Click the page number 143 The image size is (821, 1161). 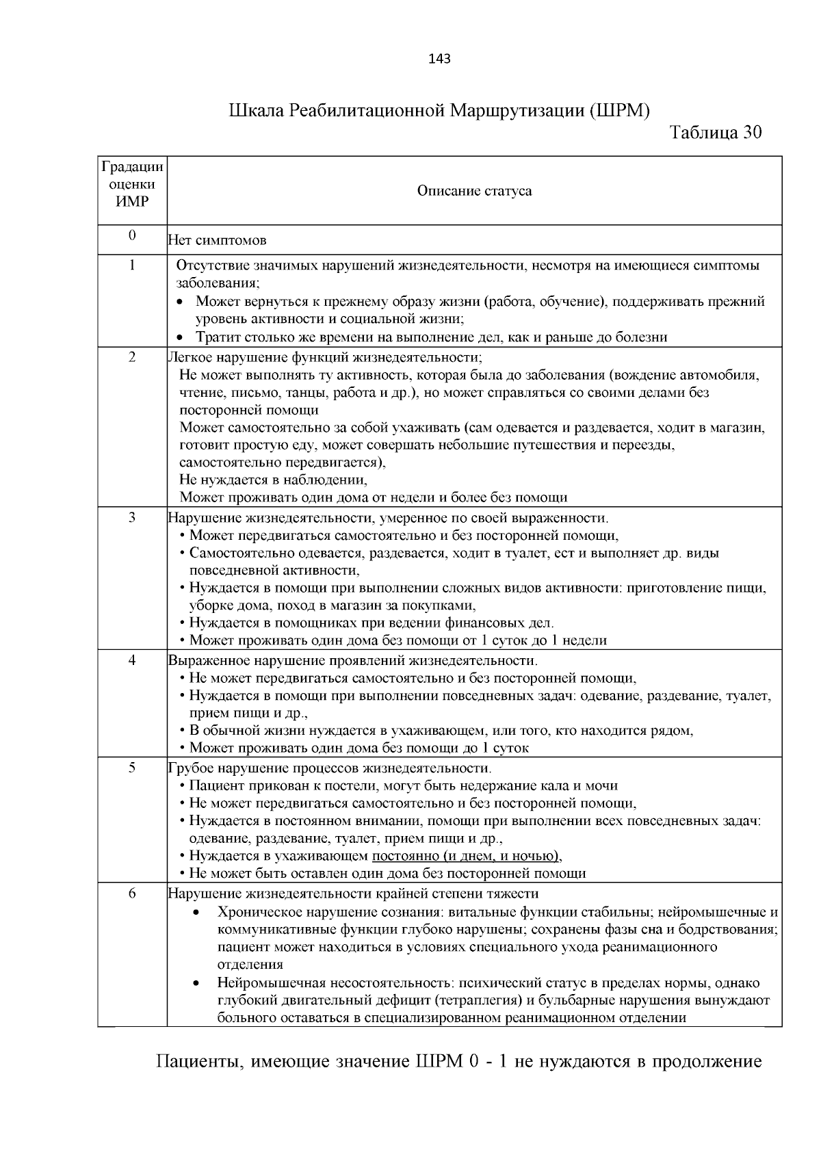point(439,59)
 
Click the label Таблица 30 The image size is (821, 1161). point(716,132)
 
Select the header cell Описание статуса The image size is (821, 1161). point(474,191)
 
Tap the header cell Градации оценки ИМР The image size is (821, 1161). point(132,184)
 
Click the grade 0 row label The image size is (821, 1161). point(132,235)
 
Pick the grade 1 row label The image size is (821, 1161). point(132,265)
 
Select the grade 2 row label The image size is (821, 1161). point(132,356)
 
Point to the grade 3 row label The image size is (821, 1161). point(132,517)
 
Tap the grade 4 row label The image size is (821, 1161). point(132,660)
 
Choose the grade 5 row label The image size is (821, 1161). point(132,768)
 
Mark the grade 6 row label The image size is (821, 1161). point(132,893)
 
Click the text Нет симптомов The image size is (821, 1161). point(217,241)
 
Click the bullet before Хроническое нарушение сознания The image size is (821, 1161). point(197,913)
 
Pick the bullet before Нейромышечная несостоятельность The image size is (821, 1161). point(197,984)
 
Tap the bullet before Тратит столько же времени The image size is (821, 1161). point(180,337)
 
